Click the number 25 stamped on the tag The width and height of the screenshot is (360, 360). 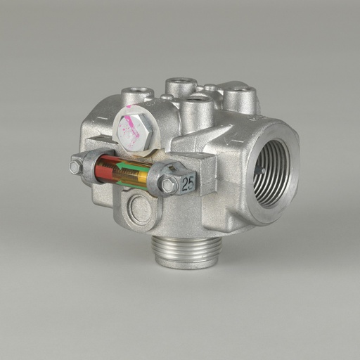tap(187, 184)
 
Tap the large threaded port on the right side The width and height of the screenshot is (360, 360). tap(271, 172)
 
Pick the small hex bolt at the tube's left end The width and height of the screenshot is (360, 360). tap(75, 167)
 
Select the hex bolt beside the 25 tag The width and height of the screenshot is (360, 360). tap(168, 185)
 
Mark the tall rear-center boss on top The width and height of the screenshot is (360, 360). tap(181, 86)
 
